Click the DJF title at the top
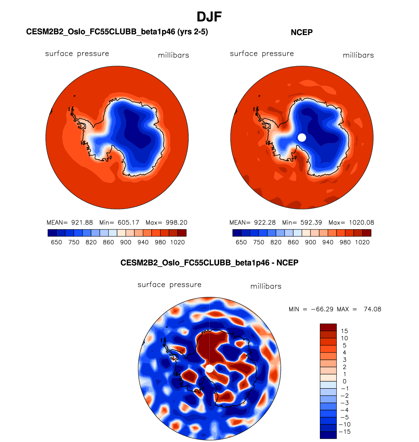pos(209,17)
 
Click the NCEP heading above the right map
pos(302,32)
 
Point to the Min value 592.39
pos(311,223)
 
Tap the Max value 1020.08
pos(361,223)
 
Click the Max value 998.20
pos(176,223)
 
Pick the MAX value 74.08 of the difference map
pos(372,309)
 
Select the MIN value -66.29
pos(322,309)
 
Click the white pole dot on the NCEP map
pos(302,138)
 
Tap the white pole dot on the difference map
pos(210,369)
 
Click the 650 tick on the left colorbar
pos(56,242)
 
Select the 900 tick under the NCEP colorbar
pos(310,242)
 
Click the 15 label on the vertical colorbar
pos(344,331)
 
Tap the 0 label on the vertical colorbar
pos(344,381)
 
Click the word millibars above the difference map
pos(266,286)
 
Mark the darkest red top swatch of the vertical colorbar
pos(328,327)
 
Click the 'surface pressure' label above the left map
pos(77,54)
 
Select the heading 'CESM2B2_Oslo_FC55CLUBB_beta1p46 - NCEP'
pos(209,263)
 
